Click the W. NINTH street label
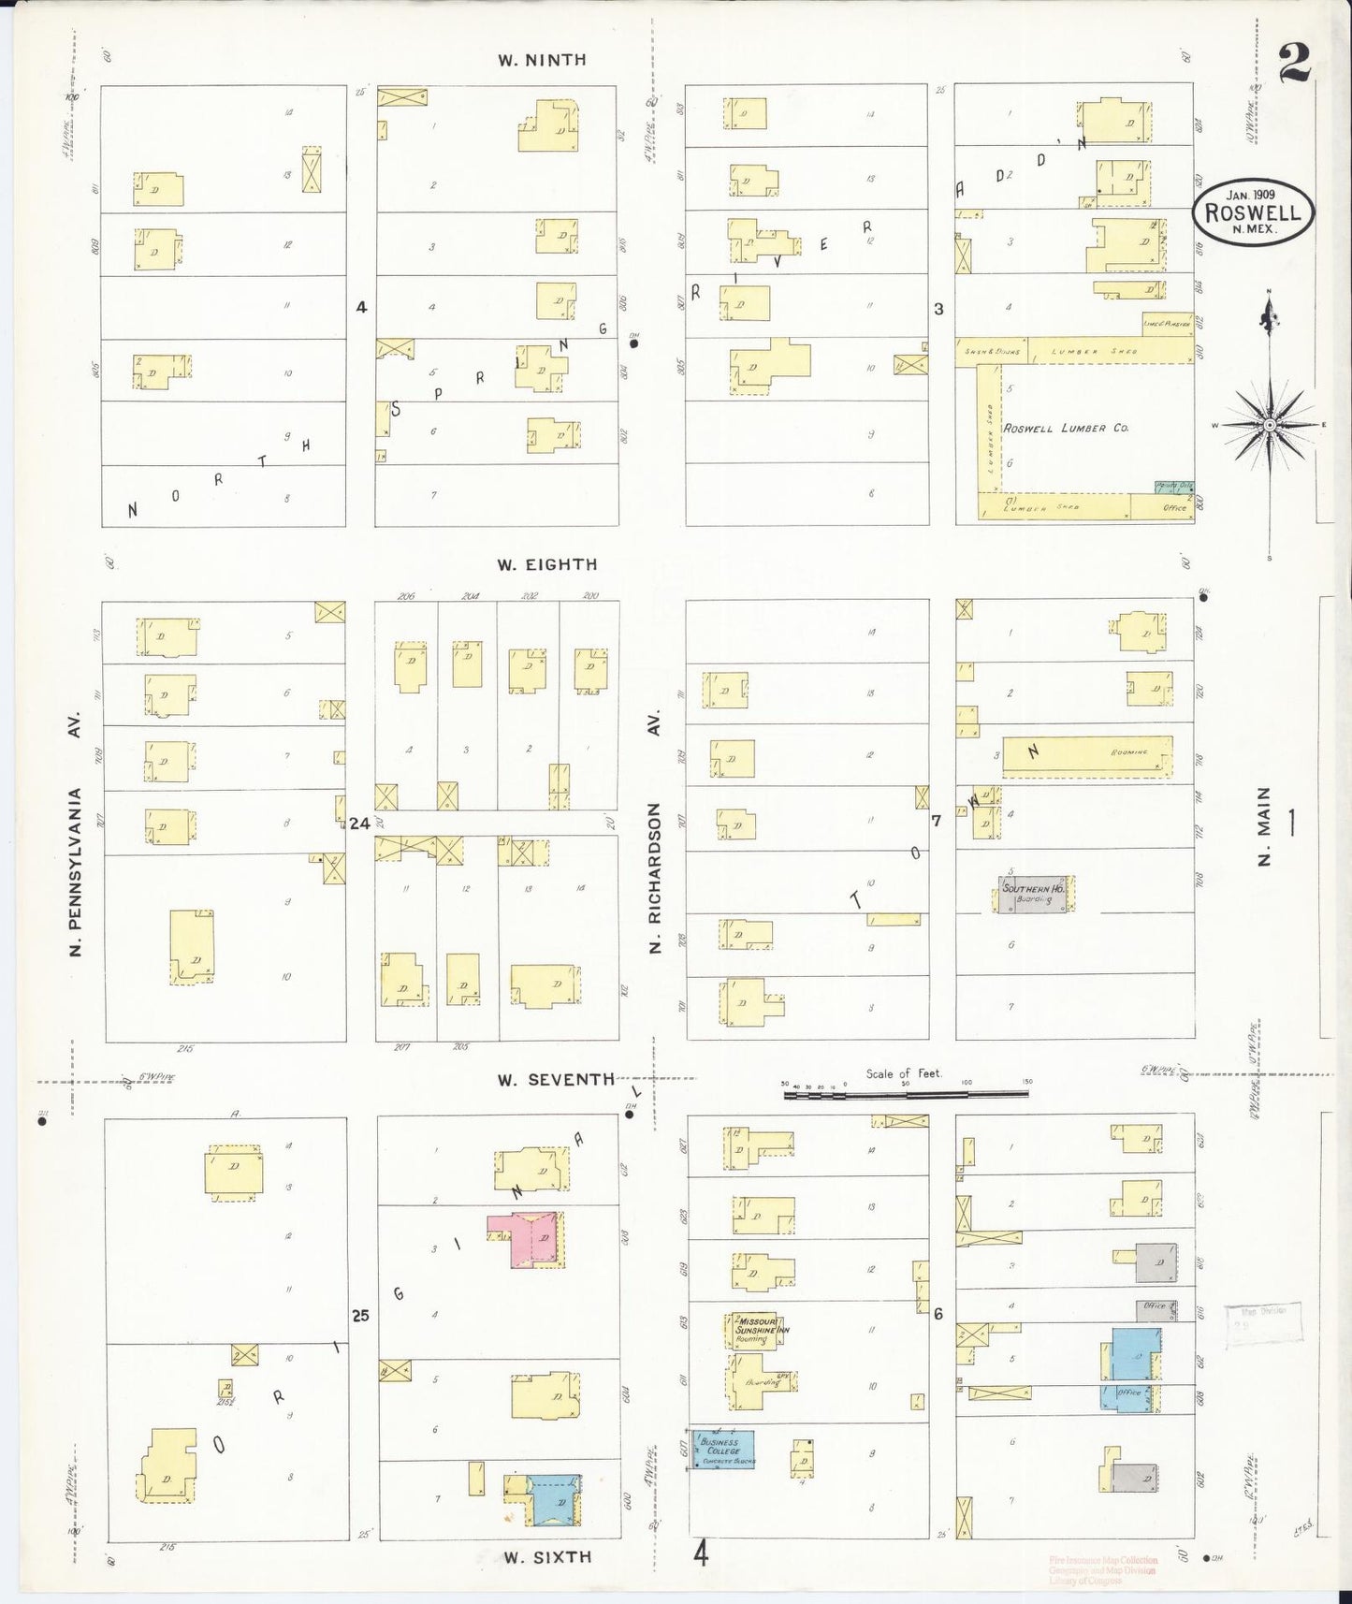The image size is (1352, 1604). click(x=542, y=60)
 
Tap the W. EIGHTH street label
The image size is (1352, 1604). click(x=547, y=564)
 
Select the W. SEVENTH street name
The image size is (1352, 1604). click(x=556, y=1079)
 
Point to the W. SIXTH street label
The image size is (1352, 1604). click(x=547, y=1556)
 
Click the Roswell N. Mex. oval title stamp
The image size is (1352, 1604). click(x=1253, y=213)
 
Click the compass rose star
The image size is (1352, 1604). click(x=1269, y=426)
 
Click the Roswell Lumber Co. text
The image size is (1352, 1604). click(x=1066, y=428)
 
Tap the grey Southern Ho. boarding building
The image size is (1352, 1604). click(x=1033, y=894)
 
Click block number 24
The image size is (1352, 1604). click(x=359, y=824)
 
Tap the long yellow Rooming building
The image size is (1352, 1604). click(x=1085, y=756)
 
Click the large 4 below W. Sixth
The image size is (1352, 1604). click(x=701, y=1555)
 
